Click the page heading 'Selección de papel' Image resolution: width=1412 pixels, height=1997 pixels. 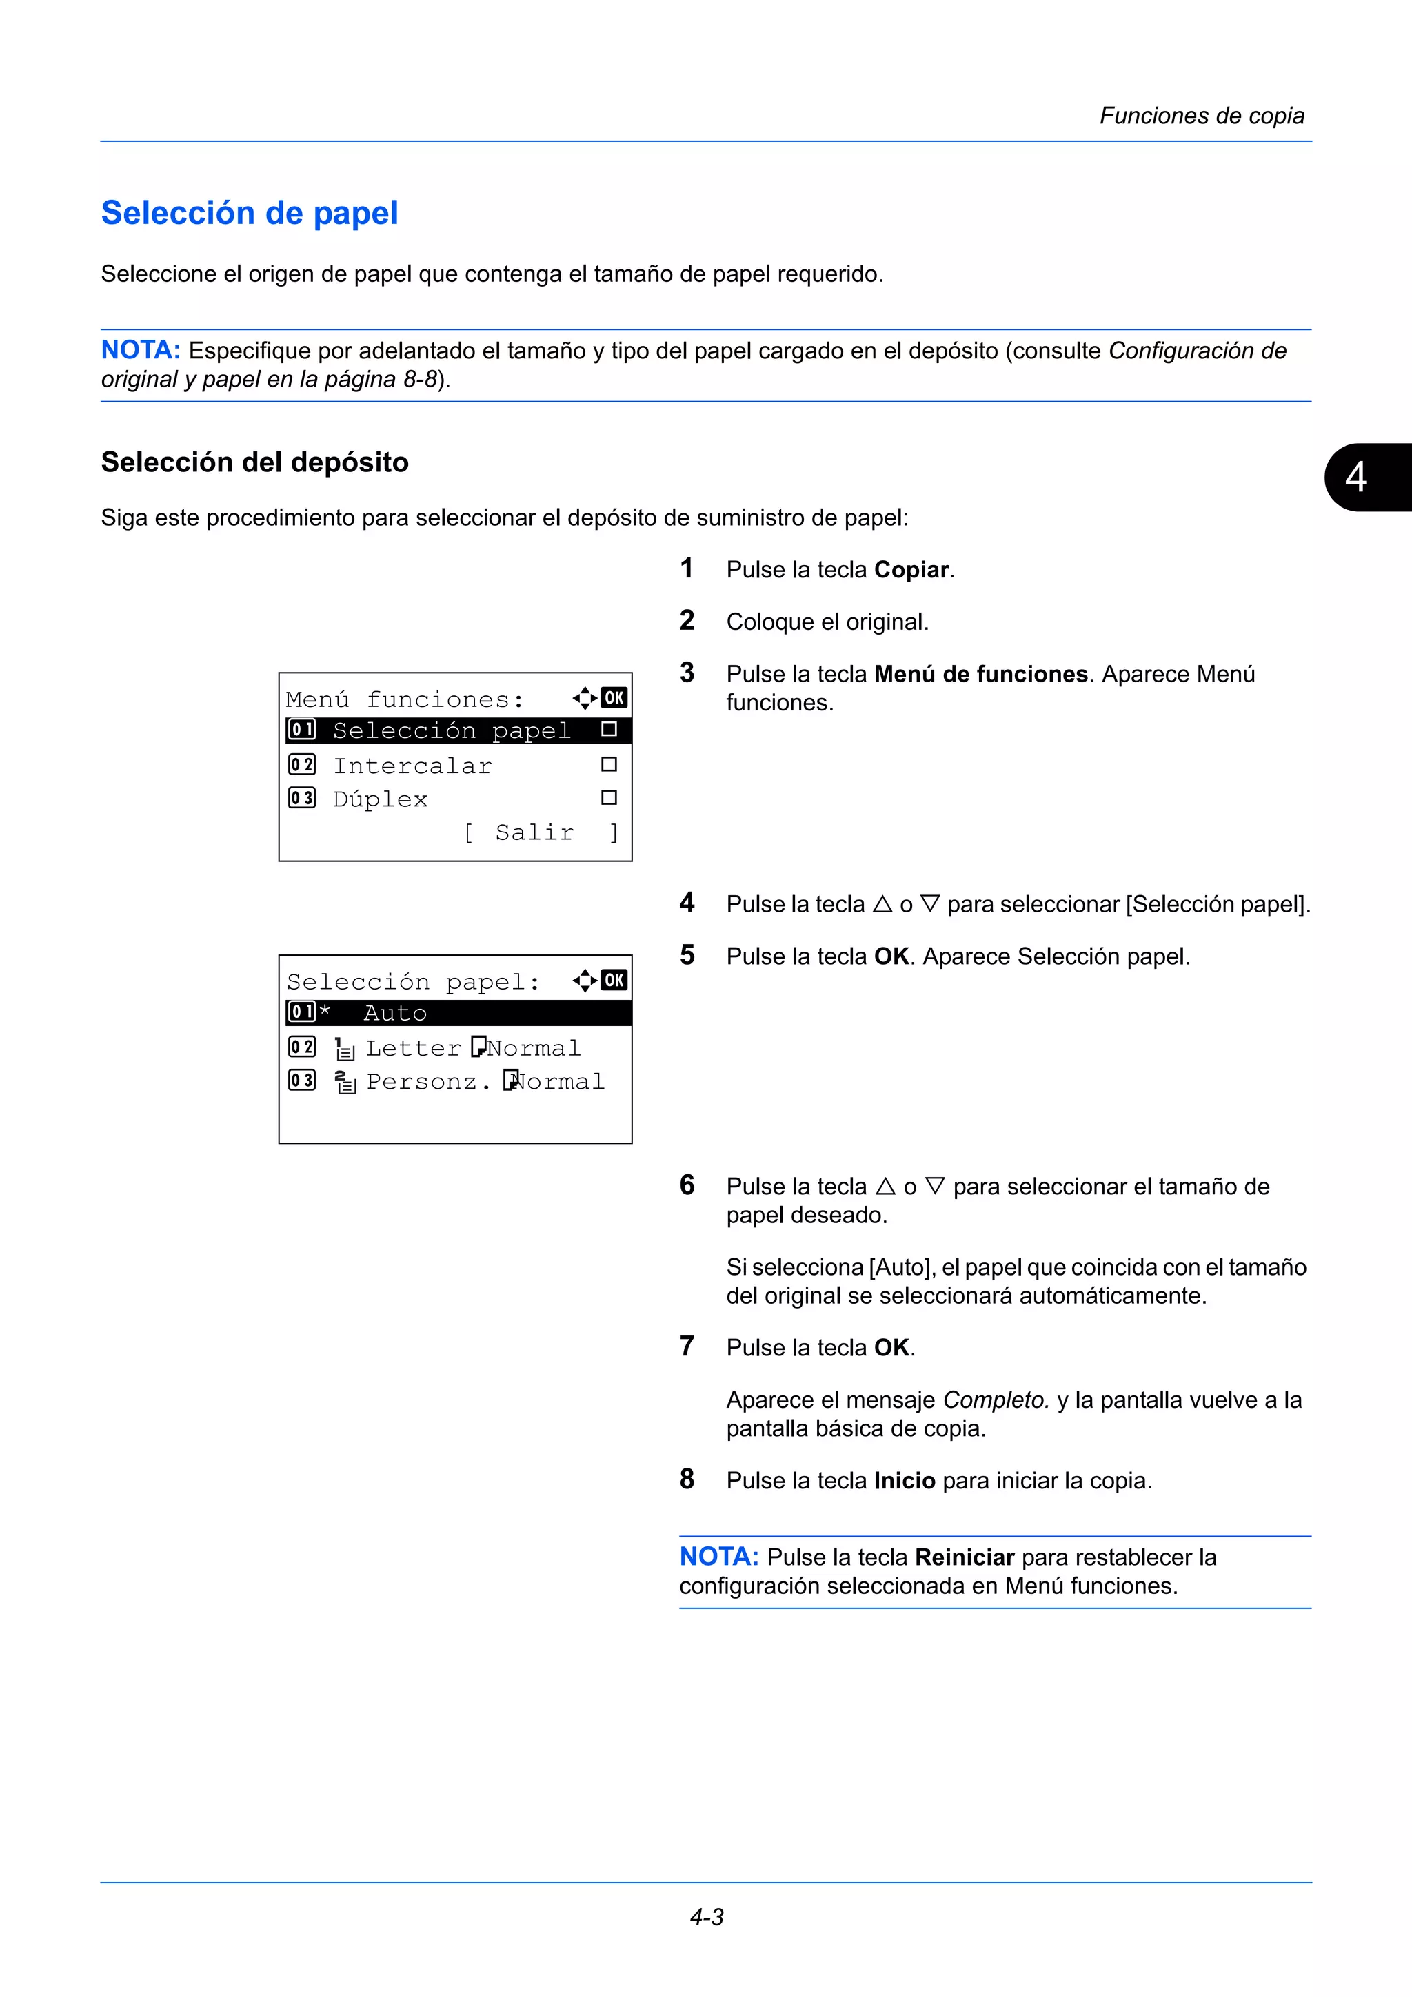point(250,213)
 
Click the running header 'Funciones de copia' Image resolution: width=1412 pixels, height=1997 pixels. point(1202,116)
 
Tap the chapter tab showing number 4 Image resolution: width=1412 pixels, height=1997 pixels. point(1358,477)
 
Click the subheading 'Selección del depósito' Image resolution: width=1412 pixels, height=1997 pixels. point(255,462)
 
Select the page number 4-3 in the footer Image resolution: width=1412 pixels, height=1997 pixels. point(707,1917)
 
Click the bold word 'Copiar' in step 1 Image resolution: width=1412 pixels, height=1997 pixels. point(911,570)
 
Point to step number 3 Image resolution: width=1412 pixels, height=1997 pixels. point(687,673)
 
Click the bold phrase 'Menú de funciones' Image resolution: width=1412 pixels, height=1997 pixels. point(980,674)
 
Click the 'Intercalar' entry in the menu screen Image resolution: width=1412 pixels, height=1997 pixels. point(412,766)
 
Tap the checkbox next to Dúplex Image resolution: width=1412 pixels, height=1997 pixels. point(609,797)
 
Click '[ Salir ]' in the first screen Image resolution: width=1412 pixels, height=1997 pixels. point(541,832)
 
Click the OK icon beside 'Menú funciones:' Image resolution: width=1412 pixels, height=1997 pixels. point(614,697)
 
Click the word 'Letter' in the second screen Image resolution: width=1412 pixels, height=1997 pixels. point(413,1048)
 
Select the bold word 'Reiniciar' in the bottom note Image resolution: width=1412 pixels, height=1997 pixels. point(964,1557)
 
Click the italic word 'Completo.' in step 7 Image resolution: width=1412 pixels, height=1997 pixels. point(996,1400)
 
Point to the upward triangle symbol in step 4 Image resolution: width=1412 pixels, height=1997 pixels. point(882,905)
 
